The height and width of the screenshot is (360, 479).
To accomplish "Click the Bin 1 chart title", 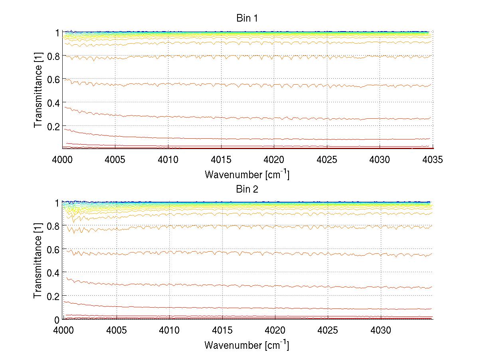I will coord(247,18).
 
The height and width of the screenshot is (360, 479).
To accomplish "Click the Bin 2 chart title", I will coord(247,189).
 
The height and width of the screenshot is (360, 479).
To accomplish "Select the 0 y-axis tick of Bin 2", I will coord(57,319).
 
